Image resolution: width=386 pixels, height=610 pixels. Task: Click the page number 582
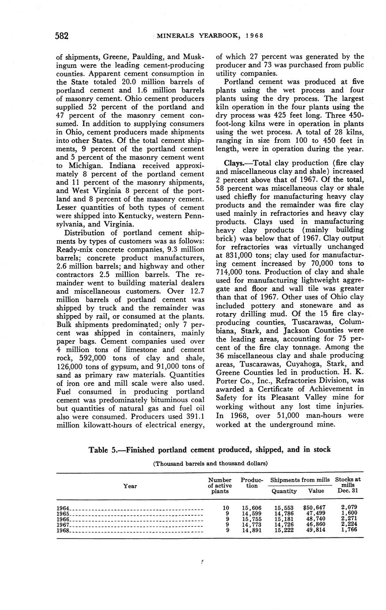(61, 36)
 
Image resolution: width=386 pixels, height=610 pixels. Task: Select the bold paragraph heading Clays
(234, 163)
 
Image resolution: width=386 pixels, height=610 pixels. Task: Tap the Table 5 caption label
(106, 450)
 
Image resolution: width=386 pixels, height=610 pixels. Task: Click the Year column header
(130, 486)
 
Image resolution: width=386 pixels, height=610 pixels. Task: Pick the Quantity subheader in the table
(284, 491)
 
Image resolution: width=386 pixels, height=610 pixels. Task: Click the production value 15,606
(251, 508)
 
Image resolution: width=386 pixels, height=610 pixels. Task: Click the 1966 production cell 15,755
(251, 518)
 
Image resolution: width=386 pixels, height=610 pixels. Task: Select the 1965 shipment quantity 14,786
(284, 513)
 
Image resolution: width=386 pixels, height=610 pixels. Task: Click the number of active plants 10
(226, 508)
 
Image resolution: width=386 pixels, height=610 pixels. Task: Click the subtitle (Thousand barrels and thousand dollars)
(210, 464)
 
